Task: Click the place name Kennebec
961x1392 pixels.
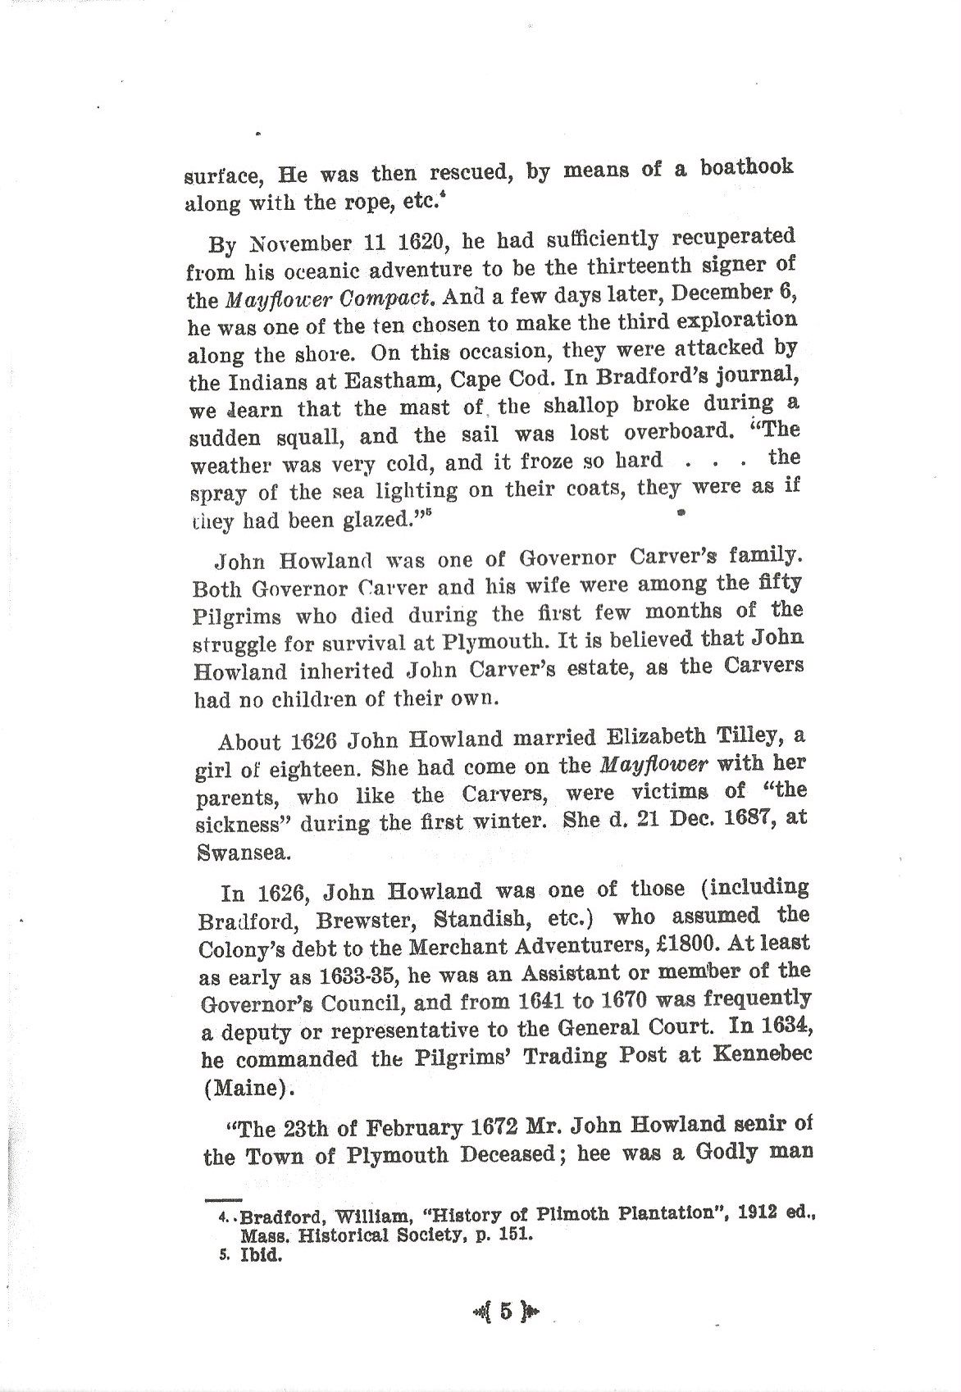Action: tap(759, 1055)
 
